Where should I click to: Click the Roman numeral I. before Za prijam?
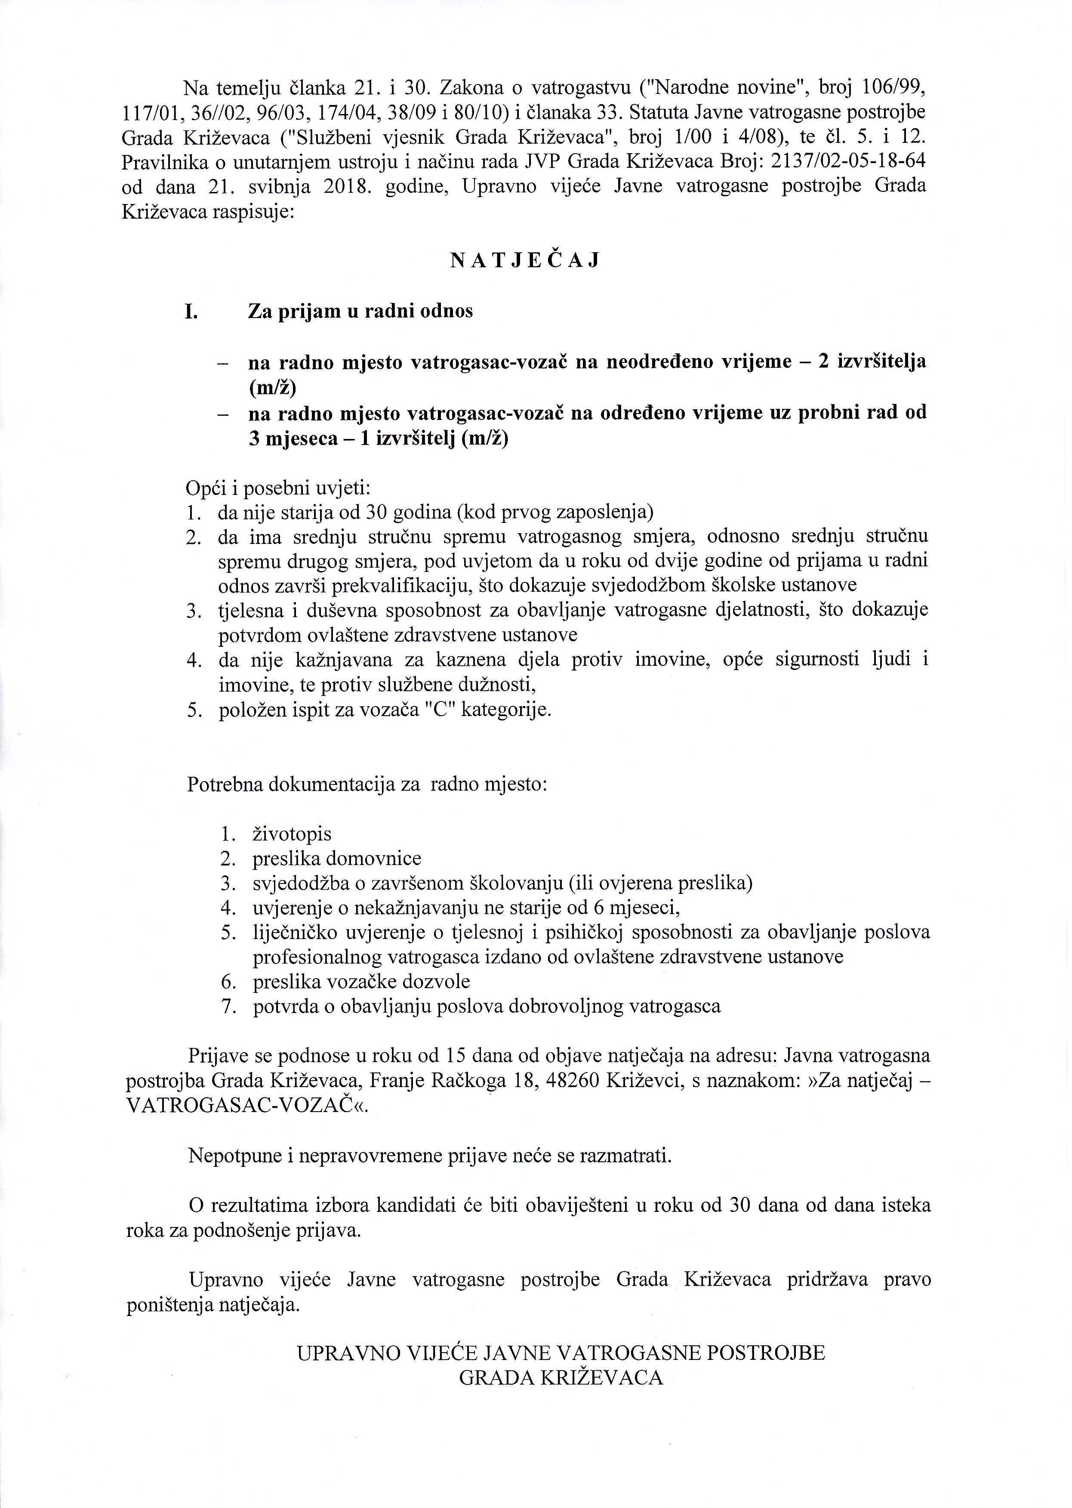[190, 312]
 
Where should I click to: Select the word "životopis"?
[292, 834]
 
